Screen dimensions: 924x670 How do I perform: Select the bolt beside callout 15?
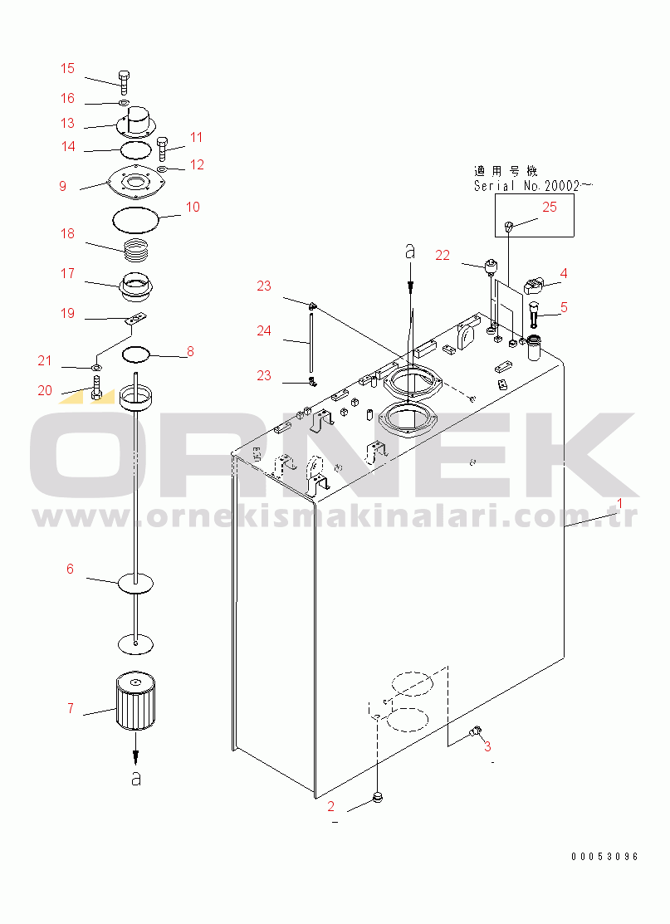coord(124,81)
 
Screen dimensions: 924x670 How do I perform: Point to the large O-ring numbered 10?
coord(135,220)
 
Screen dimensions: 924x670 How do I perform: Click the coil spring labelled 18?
coord(137,248)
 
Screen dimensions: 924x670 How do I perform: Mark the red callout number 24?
coord(264,330)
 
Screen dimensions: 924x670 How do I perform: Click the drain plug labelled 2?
coord(379,799)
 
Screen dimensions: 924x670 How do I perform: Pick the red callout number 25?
coord(550,208)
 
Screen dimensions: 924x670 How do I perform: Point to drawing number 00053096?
coord(604,857)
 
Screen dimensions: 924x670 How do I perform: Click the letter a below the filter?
coord(136,778)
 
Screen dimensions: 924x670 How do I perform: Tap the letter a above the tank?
coord(409,251)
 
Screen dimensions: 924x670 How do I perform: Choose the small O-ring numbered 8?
coord(135,355)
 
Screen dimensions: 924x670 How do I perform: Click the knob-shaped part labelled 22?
coord(491,266)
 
